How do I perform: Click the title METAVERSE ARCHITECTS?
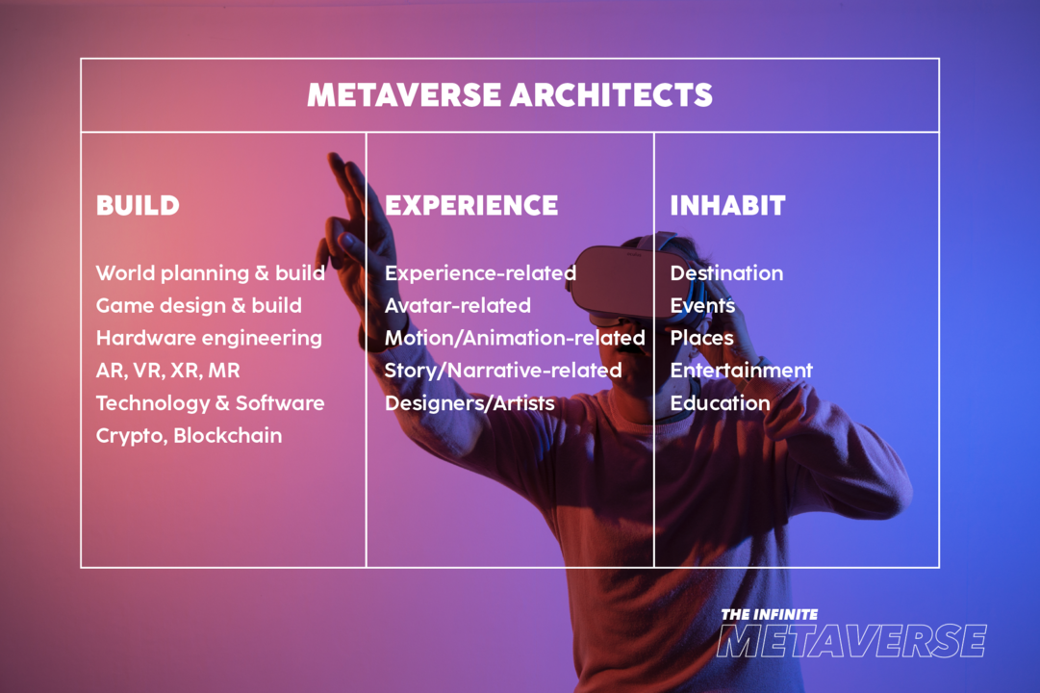pos(510,94)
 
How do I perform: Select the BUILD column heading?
pos(138,205)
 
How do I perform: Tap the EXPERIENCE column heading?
pos(471,205)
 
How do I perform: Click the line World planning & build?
pos(210,273)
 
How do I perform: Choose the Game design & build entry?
pos(198,306)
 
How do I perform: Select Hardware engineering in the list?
pos(209,338)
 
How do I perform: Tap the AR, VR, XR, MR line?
pos(167,371)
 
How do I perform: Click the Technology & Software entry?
pos(210,402)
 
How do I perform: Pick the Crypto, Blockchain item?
pos(189,435)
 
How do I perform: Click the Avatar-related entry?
pos(457,306)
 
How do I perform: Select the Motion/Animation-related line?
pos(515,338)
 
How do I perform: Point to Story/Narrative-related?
pos(503,371)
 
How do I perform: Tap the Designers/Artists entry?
pos(469,402)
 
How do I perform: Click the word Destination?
pos(726,273)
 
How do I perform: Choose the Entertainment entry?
pos(741,371)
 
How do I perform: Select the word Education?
pos(720,402)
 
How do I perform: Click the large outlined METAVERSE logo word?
pos(851,641)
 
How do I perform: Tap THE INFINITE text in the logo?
pos(769,614)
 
